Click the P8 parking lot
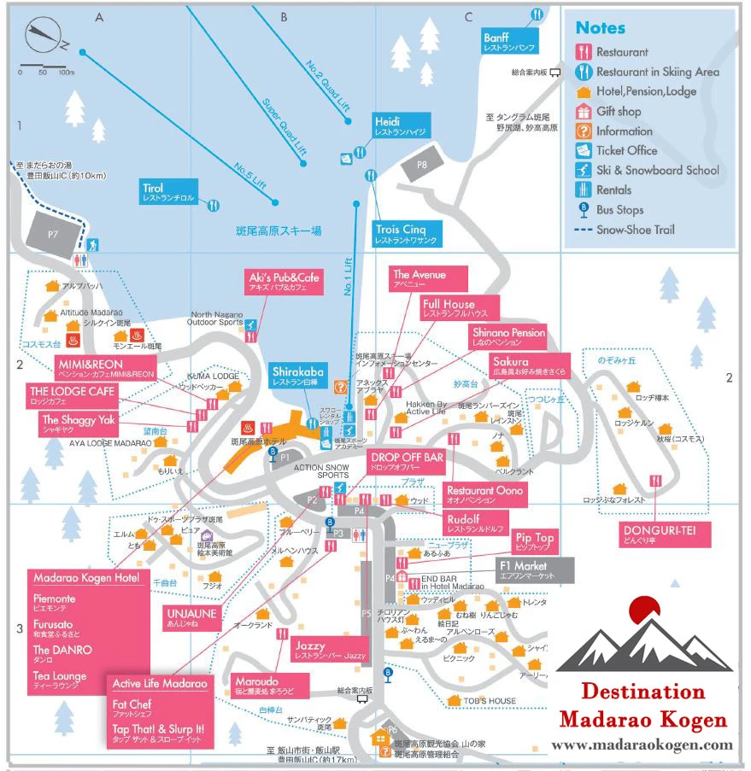422,164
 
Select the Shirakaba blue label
297,377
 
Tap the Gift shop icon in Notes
584,111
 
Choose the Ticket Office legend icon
584,150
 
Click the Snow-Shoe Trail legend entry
632,229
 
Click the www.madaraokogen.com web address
642,745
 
